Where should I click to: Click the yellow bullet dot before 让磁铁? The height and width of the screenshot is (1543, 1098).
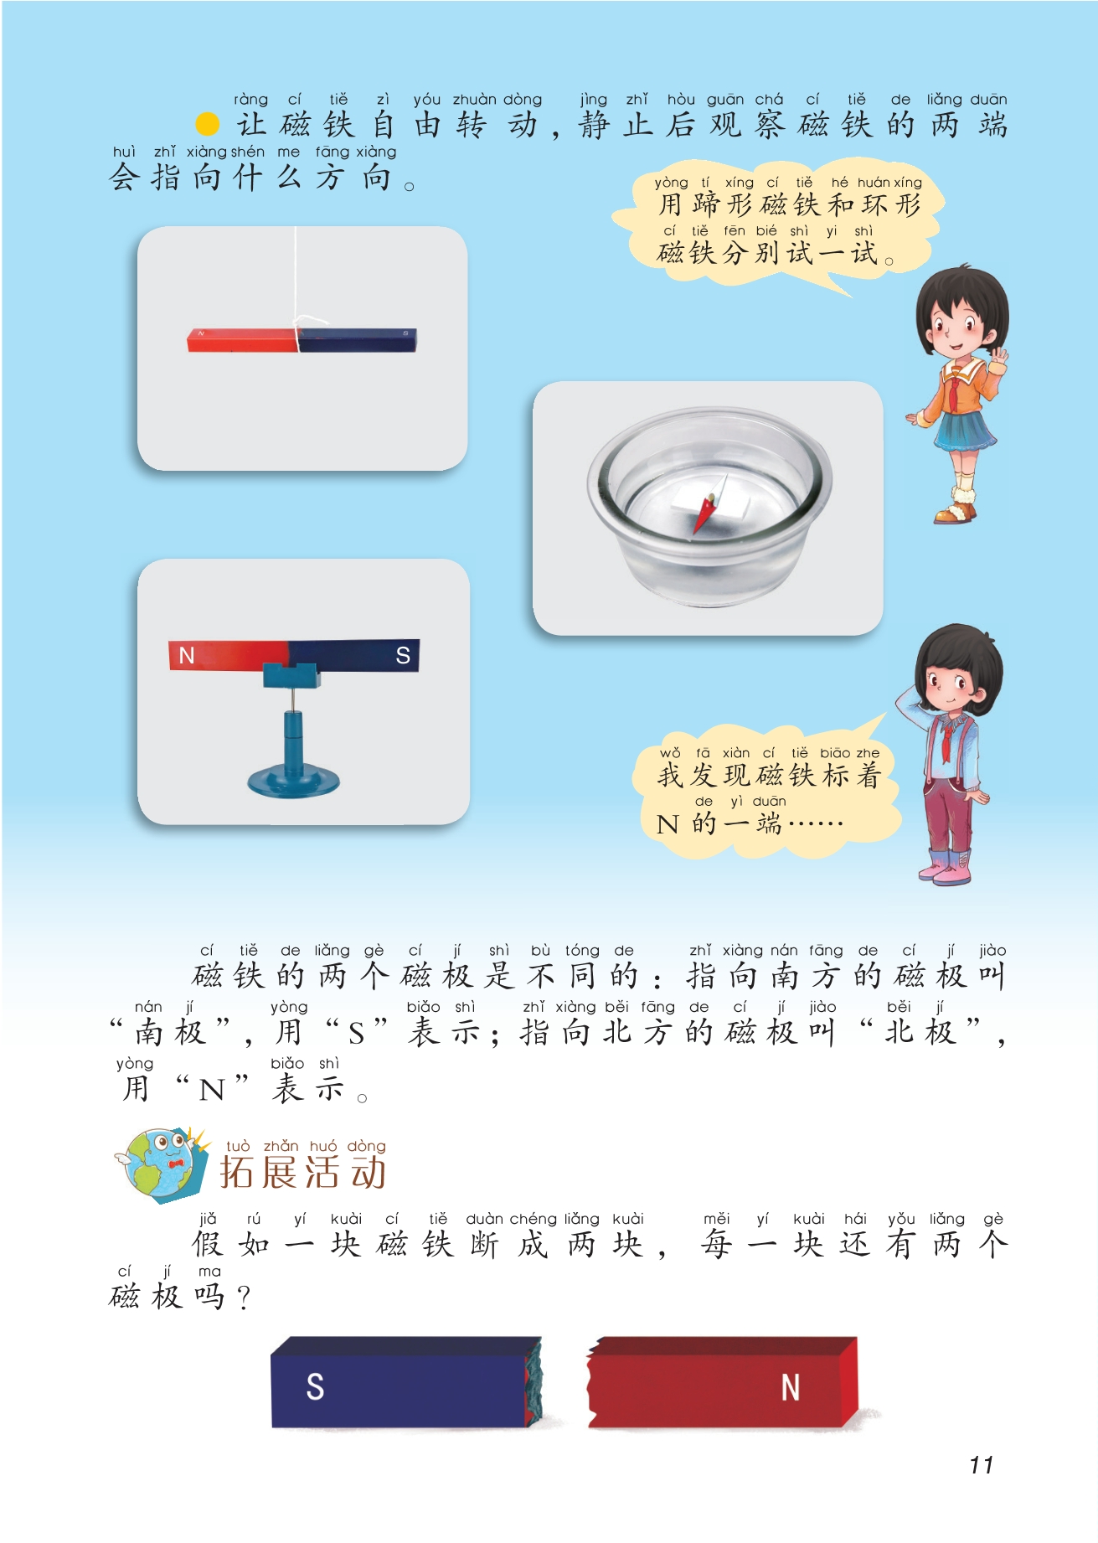coord(207,125)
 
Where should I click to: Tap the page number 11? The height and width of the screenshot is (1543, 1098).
coord(982,1465)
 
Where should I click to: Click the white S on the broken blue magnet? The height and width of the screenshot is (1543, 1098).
coord(315,1386)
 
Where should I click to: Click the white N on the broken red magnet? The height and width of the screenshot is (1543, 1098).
coord(790,1387)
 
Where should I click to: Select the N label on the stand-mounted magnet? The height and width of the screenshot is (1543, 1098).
coord(187,655)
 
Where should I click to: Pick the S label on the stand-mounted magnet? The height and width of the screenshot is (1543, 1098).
coord(403,655)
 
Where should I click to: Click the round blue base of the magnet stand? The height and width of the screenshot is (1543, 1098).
coord(293,780)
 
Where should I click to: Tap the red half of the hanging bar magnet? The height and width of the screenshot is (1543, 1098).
coord(243,339)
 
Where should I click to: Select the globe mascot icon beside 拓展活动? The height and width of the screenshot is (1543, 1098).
coord(162,1164)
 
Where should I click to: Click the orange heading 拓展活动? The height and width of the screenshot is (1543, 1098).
coord(302,1172)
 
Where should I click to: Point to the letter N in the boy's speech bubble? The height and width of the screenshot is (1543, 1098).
coord(668,825)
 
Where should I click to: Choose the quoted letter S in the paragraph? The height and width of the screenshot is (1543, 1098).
coord(357,1035)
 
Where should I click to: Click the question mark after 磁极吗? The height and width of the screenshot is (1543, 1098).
coord(243,1298)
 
